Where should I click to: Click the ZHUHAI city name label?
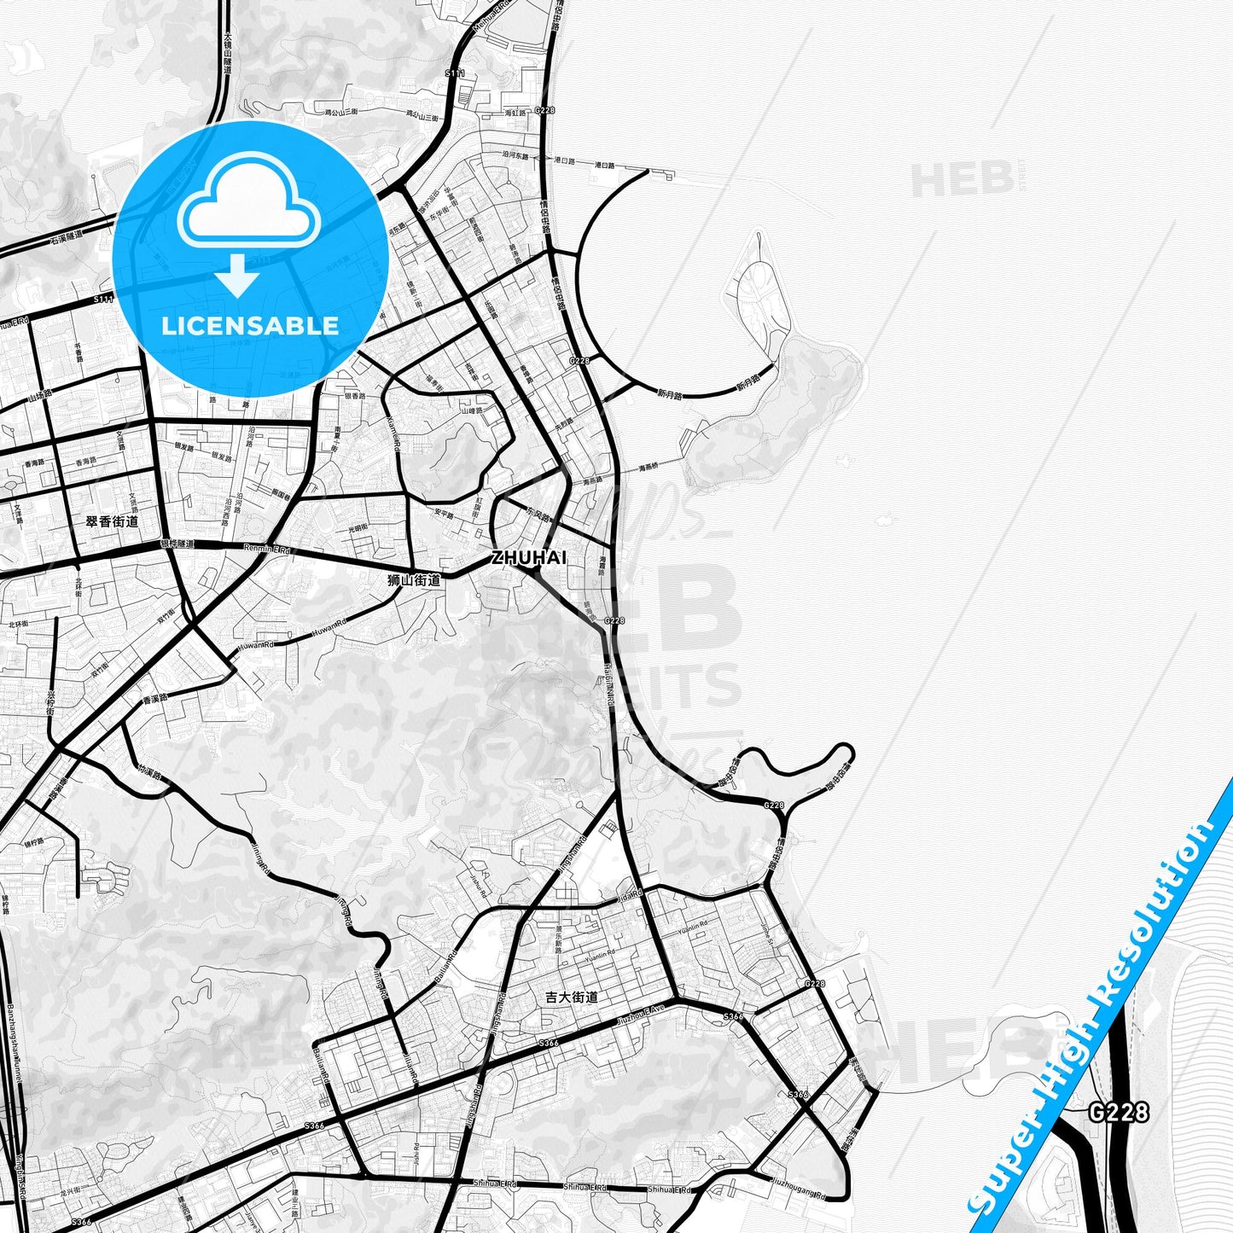tap(528, 557)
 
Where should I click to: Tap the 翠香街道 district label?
tap(112, 521)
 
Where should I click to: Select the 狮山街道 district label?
tap(414, 580)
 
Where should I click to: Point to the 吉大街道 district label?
tap(572, 997)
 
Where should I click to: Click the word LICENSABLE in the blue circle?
tap(250, 325)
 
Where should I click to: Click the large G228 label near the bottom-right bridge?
tap(1119, 1112)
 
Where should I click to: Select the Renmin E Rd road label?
tap(267, 549)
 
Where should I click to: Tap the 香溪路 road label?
tap(155, 698)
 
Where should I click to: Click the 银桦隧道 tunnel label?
tap(177, 544)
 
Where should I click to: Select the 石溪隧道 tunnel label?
tap(67, 236)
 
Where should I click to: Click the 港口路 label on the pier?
tap(605, 163)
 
